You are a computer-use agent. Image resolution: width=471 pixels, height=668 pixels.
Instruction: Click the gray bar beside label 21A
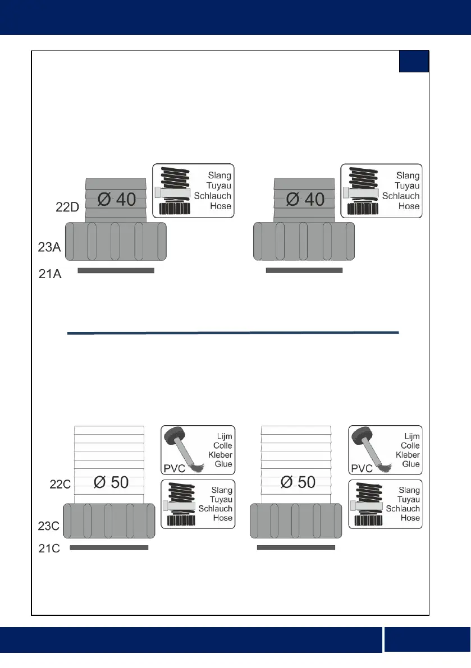pyautogui.click(x=115, y=270)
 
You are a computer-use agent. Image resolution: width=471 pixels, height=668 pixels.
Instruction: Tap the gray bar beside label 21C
pyautogui.click(x=109, y=547)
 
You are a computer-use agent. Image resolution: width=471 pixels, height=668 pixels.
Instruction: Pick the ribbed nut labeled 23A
pyautogui.click(x=116, y=241)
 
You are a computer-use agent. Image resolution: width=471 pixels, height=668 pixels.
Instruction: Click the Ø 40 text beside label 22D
pyautogui.click(x=116, y=199)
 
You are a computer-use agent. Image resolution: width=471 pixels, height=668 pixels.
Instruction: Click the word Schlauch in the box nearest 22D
pyautogui.click(x=213, y=196)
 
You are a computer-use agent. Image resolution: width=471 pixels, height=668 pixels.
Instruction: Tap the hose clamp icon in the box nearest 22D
pyautogui.click(x=173, y=192)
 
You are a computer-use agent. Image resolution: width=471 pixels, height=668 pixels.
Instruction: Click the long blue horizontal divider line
pyautogui.click(x=232, y=333)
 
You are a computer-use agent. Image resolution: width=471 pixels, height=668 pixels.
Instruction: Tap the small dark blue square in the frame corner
pyautogui.click(x=414, y=61)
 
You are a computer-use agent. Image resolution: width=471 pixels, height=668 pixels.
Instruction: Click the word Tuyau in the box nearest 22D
pyautogui.click(x=220, y=186)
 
